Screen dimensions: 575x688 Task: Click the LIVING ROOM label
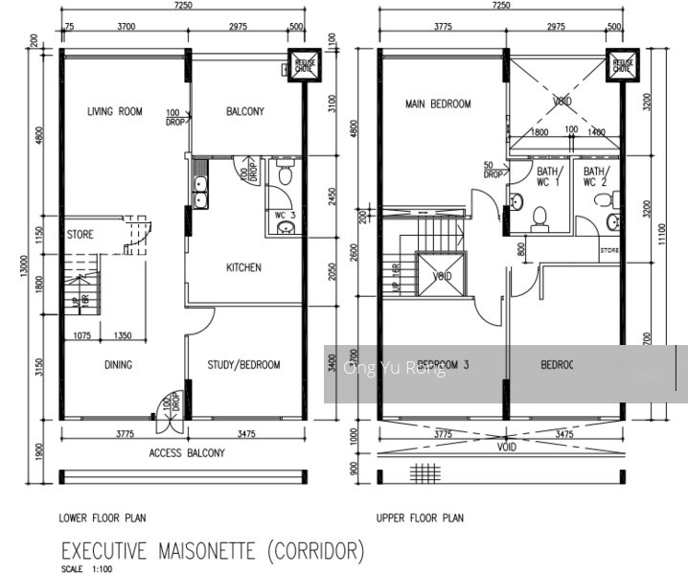tap(114, 112)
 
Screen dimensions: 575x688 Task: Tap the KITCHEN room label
tap(243, 267)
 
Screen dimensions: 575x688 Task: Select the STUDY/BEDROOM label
tap(244, 365)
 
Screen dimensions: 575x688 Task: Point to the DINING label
tap(118, 365)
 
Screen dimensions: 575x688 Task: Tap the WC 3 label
tap(285, 216)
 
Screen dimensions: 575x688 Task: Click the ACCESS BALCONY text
tap(187, 453)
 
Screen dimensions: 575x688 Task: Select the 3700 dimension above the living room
tap(126, 29)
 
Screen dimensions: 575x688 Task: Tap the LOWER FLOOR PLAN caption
tap(103, 518)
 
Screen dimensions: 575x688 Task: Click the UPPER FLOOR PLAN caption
tap(420, 518)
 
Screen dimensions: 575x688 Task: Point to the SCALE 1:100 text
tap(85, 569)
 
